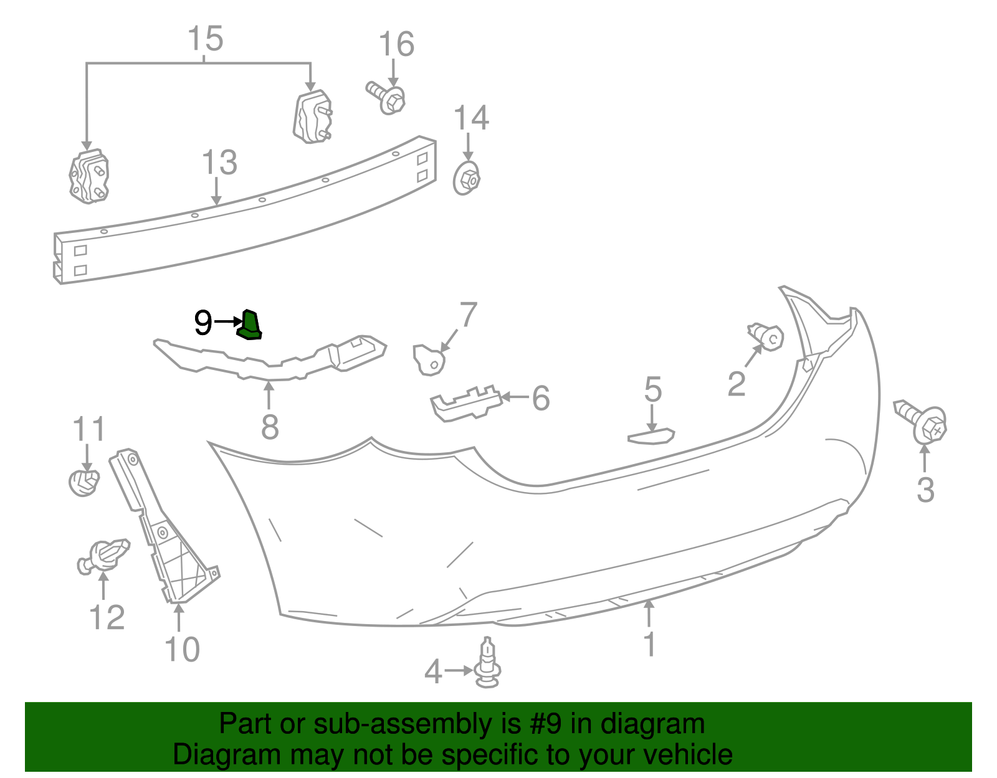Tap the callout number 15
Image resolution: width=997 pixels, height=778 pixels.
click(206, 39)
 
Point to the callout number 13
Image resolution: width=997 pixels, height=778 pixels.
click(219, 163)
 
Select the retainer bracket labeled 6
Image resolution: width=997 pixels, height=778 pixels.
click(465, 402)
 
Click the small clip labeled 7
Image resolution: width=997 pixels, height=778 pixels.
click(429, 360)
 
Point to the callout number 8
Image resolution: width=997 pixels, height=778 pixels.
click(269, 427)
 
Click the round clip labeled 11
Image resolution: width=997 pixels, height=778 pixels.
click(83, 482)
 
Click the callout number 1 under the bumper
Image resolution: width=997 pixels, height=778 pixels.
click(649, 644)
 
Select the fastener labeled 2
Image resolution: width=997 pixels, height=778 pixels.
click(766, 336)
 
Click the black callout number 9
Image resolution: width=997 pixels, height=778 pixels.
click(203, 323)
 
